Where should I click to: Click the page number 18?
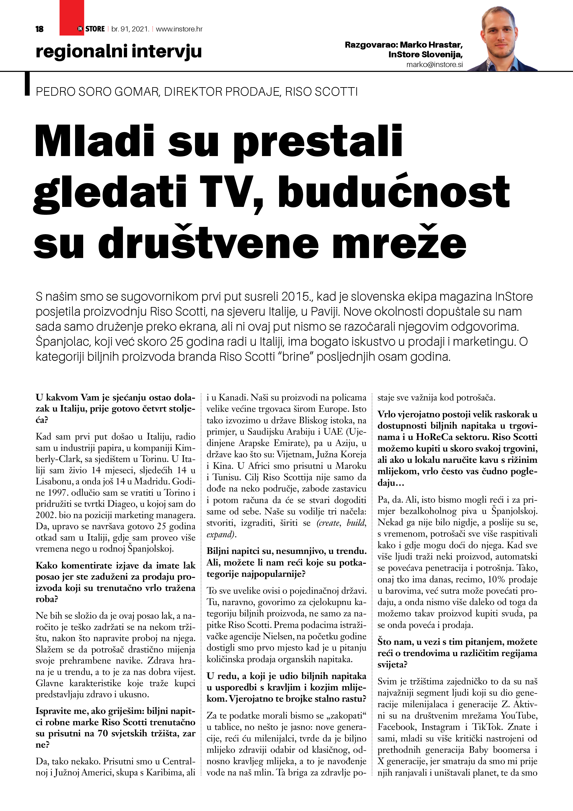pyautogui.click(x=40, y=29)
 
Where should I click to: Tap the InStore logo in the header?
pyautogui.click(x=91, y=29)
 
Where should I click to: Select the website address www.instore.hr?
pyautogui.click(x=179, y=29)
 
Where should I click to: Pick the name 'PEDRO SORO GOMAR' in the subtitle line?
pyautogui.click(x=97, y=92)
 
